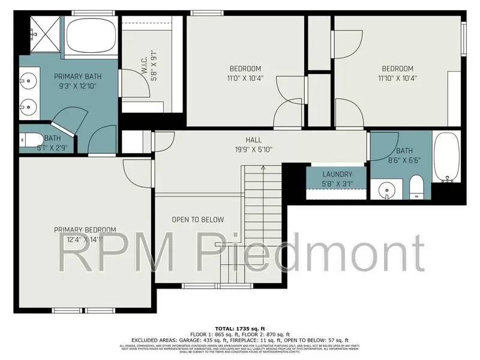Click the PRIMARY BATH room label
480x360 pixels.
coord(78,76)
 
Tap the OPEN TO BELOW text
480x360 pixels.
coord(197,220)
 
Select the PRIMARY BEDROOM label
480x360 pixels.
coord(85,230)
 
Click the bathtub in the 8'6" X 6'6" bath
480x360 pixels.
coord(446,157)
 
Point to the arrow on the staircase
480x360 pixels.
coord(263,170)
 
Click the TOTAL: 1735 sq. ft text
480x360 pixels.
coord(239,329)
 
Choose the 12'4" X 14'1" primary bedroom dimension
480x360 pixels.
coord(85,239)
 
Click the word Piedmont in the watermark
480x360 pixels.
coord(320,250)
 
